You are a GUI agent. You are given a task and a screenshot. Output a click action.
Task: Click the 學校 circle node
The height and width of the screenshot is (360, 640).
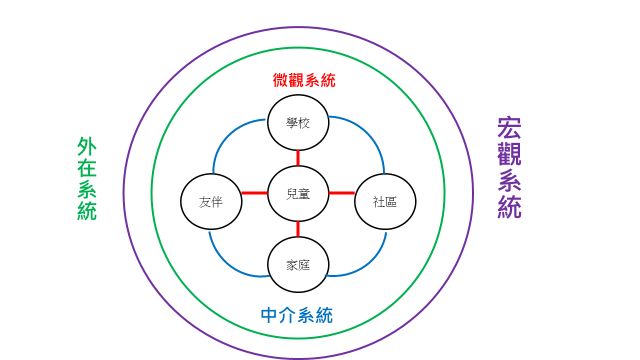pos(298,123)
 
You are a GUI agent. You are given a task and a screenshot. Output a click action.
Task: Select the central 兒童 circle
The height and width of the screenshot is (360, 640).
pos(298,193)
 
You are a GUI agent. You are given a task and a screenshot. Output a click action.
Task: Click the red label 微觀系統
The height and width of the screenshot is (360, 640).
pos(303,79)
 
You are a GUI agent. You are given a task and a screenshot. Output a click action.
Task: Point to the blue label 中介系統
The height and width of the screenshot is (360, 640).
pos(297,315)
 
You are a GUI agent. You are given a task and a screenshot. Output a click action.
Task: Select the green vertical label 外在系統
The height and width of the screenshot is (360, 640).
pos(87,178)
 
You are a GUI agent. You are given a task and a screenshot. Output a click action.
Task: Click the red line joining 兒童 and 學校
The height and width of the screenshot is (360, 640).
pos(298,157)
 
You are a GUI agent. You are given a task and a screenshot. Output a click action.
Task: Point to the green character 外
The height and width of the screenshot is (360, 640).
pos(87,147)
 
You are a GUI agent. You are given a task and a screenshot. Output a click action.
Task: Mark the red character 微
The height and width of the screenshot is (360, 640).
pos(280,79)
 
